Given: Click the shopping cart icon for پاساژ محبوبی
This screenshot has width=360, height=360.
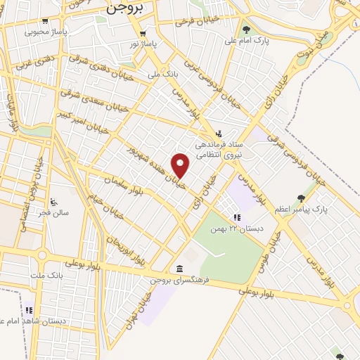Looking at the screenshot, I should [46, 21].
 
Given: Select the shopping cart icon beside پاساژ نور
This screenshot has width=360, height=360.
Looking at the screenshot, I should [143, 33].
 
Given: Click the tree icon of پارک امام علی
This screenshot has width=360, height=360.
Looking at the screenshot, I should [245, 30].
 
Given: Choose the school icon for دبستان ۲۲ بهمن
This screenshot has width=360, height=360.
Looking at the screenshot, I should [237, 218].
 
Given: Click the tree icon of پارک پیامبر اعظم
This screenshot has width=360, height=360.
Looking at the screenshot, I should [302, 198].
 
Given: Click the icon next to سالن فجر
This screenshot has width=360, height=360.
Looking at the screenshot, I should [54, 202].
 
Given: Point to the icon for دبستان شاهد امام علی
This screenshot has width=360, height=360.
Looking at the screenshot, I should [29, 310].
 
